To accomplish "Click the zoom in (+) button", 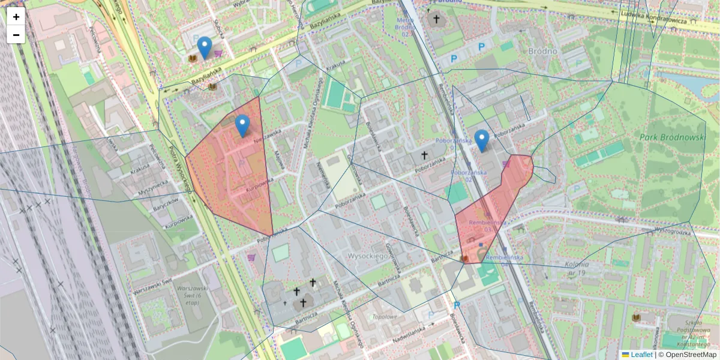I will click(16, 17).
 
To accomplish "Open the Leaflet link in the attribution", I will click(641, 355).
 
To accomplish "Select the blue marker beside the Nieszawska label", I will click(242, 126).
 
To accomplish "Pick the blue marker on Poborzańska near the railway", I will click(482, 140).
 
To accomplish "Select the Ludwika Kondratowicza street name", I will click(653, 18).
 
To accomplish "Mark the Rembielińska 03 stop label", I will click(481, 225).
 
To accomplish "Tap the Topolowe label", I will click(385, 316).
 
